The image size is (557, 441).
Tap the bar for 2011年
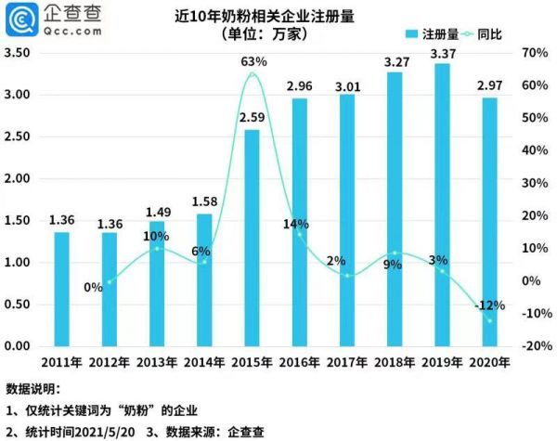point(61,289)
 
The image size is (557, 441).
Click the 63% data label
point(253,61)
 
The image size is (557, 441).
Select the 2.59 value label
point(253,119)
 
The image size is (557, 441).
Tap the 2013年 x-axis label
point(157,361)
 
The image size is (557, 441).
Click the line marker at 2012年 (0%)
point(110,281)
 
